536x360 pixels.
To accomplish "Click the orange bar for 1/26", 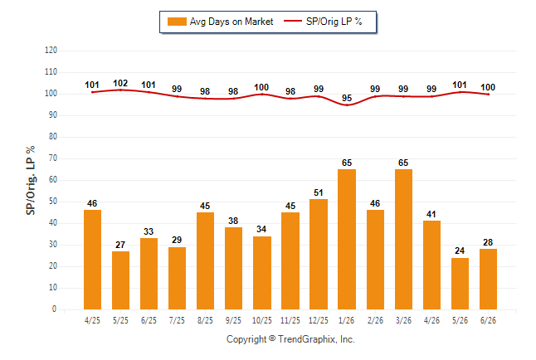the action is tap(347, 240).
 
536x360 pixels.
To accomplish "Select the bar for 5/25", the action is tap(120, 280).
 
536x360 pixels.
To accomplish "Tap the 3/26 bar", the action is tap(403, 240).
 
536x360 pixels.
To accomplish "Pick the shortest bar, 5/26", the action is tap(460, 284).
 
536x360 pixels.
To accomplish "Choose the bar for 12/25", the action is tap(319, 255).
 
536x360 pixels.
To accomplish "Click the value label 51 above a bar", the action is tap(319, 192).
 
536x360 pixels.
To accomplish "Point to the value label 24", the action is tap(460, 251).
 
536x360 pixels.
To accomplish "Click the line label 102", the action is tap(120, 83).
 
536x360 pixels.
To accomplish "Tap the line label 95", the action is tap(347, 98).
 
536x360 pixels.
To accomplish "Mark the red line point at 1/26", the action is tap(347, 105).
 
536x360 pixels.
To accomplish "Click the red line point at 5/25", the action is tap(120, 90).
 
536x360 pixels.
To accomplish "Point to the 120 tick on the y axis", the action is tap(51, 51).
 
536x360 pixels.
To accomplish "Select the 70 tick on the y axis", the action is tap(53, 158).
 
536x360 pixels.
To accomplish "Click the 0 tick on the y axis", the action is tap(54, 309).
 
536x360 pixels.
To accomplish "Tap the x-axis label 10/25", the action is tap(262, 320).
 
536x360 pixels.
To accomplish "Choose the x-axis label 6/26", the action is tap(488, 320).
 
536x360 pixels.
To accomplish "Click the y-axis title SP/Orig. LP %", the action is tap(31, 180).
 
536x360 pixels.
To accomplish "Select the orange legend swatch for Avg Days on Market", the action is tap(177, 22).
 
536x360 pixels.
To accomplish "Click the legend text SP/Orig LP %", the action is tap(334, 22).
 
